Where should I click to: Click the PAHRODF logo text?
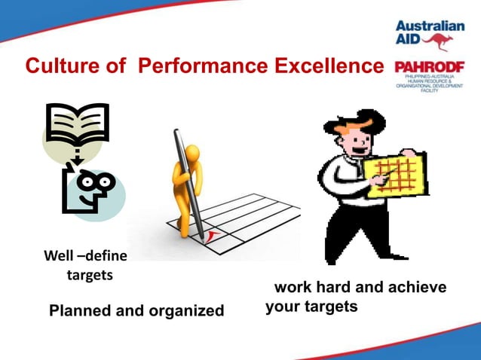tap(429, 67)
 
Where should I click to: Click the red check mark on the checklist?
tap(214, 238)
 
